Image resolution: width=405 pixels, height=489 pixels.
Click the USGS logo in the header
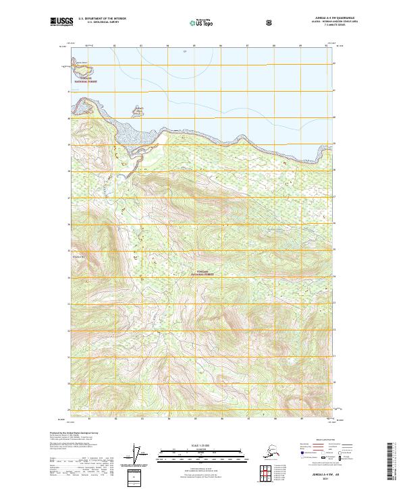click(x=61, y=22)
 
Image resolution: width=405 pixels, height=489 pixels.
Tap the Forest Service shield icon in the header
click(x=269, y=22)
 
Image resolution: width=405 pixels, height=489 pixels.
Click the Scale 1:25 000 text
click(x=202, y=446)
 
